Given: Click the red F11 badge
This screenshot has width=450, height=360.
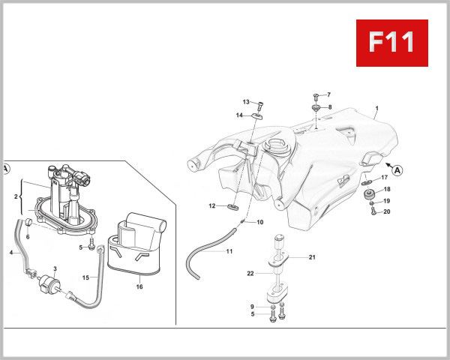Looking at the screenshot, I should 391,43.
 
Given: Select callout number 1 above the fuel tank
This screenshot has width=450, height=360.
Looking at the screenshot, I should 376,108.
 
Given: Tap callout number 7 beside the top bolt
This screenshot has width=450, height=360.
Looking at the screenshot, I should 328,95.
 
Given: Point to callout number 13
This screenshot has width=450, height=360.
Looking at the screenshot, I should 246,102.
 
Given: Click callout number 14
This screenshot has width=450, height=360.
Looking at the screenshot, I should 239,115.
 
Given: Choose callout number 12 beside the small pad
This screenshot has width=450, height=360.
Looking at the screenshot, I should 212,205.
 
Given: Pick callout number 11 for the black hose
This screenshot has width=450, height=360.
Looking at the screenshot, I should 229,250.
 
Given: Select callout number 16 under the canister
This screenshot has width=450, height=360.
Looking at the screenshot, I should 139,286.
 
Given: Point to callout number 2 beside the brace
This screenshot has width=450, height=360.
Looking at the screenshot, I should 16,196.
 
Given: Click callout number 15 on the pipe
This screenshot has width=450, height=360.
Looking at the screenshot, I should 85,277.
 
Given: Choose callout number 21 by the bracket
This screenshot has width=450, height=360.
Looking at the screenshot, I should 312,257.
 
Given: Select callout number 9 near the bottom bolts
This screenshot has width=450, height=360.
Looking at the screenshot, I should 253,306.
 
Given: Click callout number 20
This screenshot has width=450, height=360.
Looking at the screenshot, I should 387,211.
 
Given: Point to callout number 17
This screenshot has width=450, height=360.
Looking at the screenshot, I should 384,178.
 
